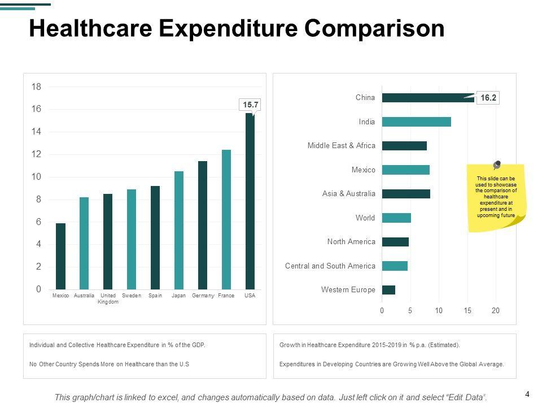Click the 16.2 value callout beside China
[488, 98]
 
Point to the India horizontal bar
[416, 122]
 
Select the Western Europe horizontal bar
[388, 290]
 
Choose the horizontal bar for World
[396, 218]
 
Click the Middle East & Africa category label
[341, 146]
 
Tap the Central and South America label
[330, 266]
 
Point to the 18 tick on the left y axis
[37, 87]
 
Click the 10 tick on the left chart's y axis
[37, 177]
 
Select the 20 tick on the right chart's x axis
[496, 310]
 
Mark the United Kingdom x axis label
[108, 298]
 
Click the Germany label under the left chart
[203, 296]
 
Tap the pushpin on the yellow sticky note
[497, 165]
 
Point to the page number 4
[527, 395]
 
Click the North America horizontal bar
[395, 242]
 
